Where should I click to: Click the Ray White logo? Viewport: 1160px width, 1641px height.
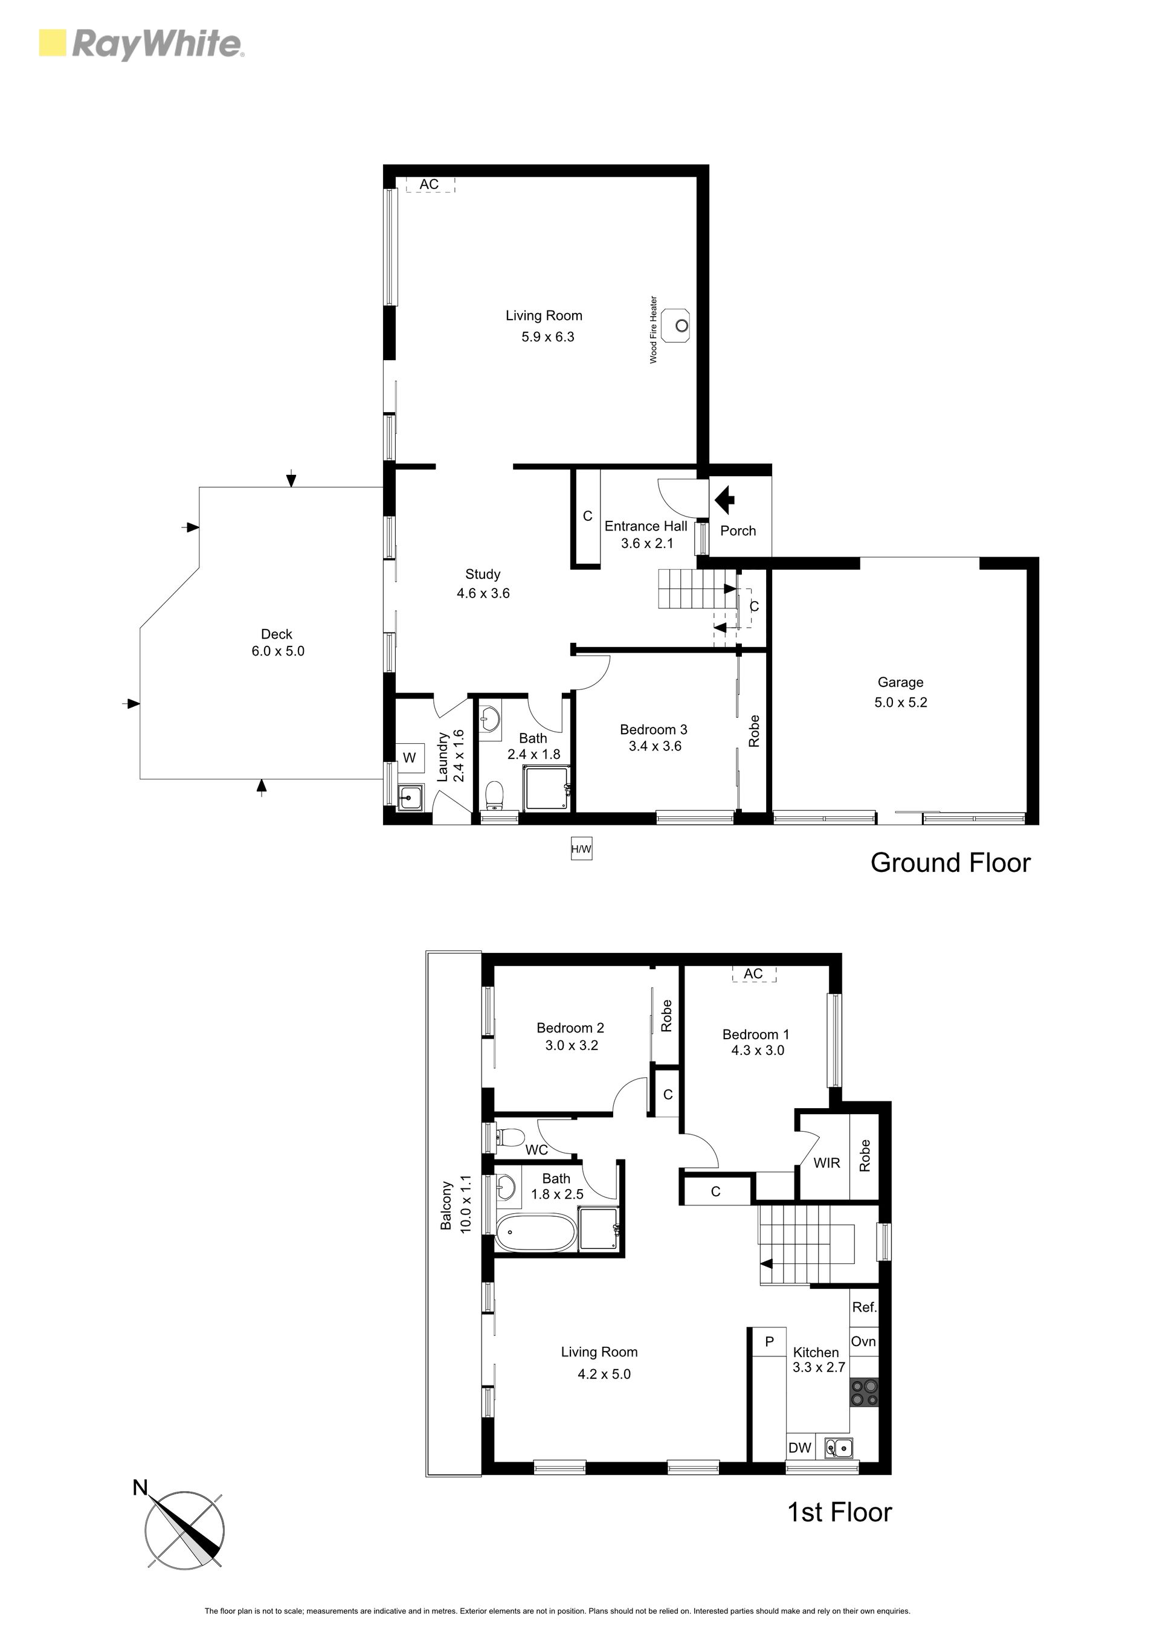141,44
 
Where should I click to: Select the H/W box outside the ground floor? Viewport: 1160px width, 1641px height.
581,849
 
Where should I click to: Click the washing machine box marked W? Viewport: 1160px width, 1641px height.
410,758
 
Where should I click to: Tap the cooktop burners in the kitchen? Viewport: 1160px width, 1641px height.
863,1393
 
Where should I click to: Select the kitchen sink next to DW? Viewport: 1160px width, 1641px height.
839,1447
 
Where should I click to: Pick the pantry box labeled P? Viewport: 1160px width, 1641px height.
769,1341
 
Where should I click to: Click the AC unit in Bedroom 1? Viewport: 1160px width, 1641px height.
753,973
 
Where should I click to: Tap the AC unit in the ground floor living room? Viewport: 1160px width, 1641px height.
430,184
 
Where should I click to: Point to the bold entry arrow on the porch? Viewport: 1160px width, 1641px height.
725,500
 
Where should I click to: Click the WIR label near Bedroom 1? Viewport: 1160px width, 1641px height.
826,1163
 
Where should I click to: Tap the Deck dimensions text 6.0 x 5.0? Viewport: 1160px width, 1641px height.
278,651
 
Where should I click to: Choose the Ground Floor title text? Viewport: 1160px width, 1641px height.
950,863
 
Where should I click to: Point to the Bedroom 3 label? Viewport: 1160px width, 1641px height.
653,729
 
